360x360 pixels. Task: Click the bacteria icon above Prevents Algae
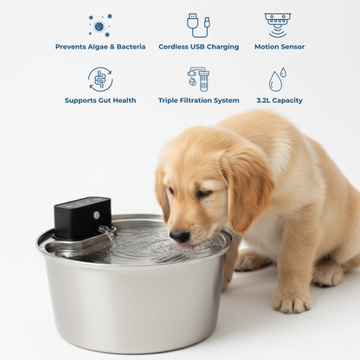(x=100, y=25)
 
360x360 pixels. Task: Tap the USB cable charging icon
(x=198, y=25)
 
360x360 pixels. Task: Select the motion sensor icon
(x=278, y=25)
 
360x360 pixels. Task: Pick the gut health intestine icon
(x=100, y=80)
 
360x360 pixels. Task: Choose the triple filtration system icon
(x=198, y=80)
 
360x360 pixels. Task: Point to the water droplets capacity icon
(x=278, y=80)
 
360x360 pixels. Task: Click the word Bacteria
(x=131, y=47)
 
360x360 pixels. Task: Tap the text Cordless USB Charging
(x=199, y=47)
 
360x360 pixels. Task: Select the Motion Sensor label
(x=280, y=47)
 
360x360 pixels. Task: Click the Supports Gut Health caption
(x=100, y=100)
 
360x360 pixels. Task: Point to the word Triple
(x=168, y=100)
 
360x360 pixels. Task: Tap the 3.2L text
(x=263, y=100)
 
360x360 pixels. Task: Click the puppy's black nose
(x=179, y=235)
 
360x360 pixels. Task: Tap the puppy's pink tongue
(x=186, y=247)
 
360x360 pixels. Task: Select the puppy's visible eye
(x=204, y=193)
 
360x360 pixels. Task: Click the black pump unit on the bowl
(x=82, y=218)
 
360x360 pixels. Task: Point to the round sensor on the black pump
(x=97, y=215)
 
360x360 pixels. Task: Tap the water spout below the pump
(x=107, y=233)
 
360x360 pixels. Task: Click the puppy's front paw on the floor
(x=292, y=301)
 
